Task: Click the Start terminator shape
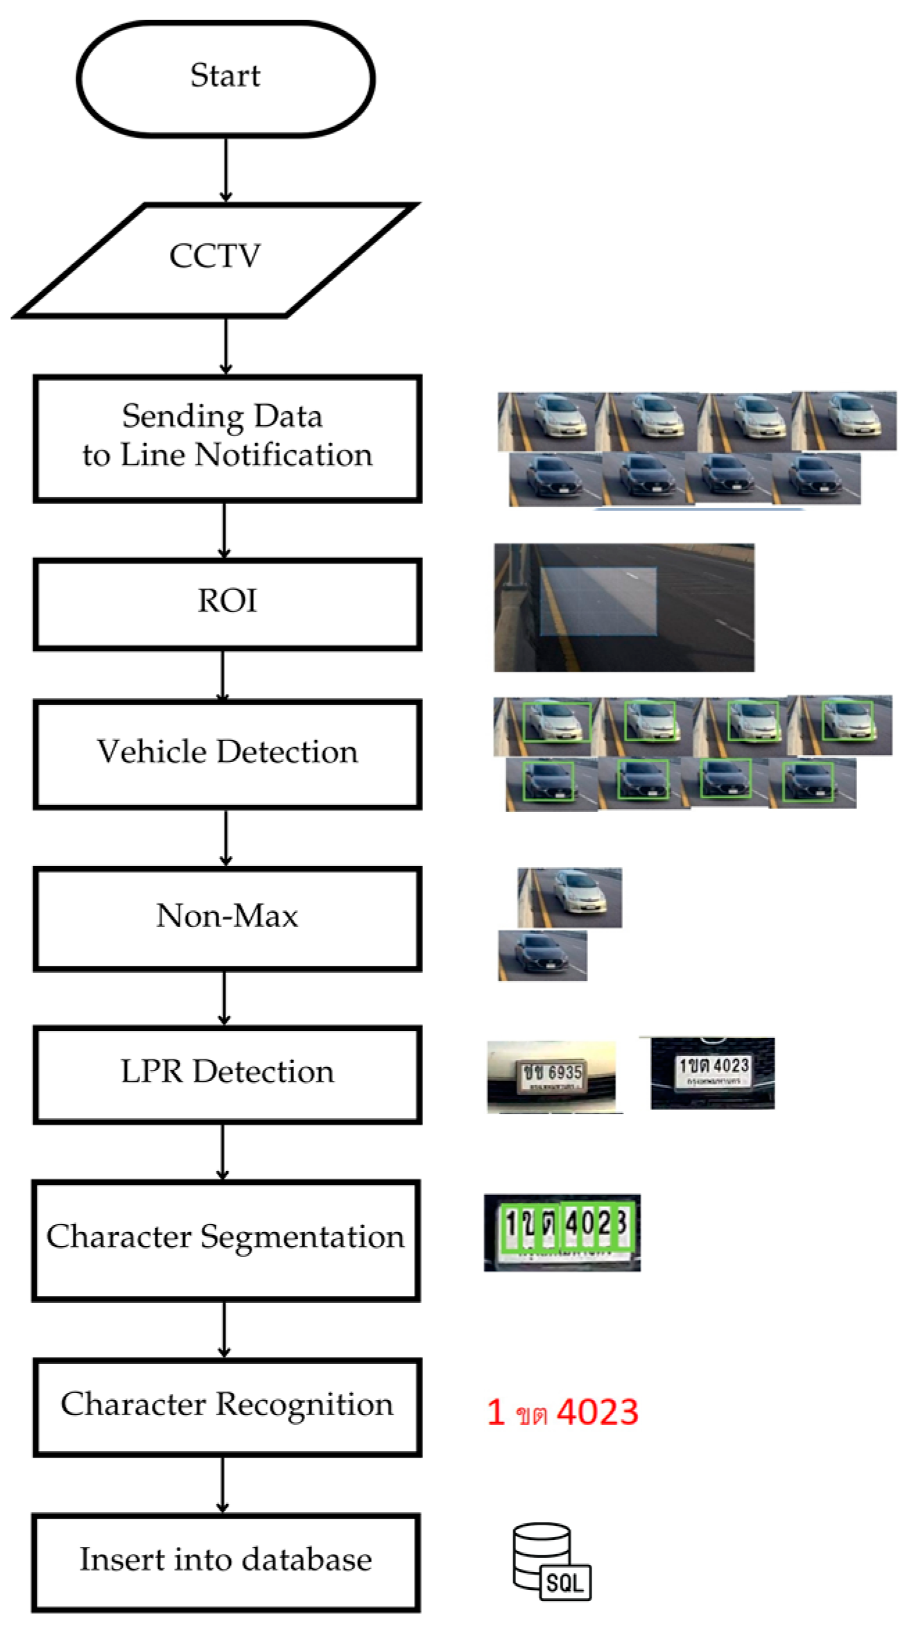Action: coord(225,78)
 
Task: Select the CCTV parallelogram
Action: coord(216,260)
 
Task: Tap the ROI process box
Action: coord(227,604)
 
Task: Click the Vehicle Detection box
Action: coord(227,754)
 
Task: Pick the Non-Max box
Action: coord(227,918)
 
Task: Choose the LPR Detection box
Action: coord(227,1074)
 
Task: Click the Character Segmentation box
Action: coord(225,1240)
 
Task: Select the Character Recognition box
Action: coord(227,1407)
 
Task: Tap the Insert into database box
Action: coord(225,1562)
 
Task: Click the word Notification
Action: coord(284,456)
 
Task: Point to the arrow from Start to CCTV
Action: coord(225,170)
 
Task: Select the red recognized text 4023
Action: coord(597,1412)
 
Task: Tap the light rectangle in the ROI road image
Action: coord(598,601)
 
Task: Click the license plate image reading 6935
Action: coord(551,1076)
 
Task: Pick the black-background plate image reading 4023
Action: coord(712,1073)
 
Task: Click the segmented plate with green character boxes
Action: coord(562,1233)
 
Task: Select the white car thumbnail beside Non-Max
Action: coord(569,897)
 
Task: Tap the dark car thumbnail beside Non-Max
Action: coord(542,955)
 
